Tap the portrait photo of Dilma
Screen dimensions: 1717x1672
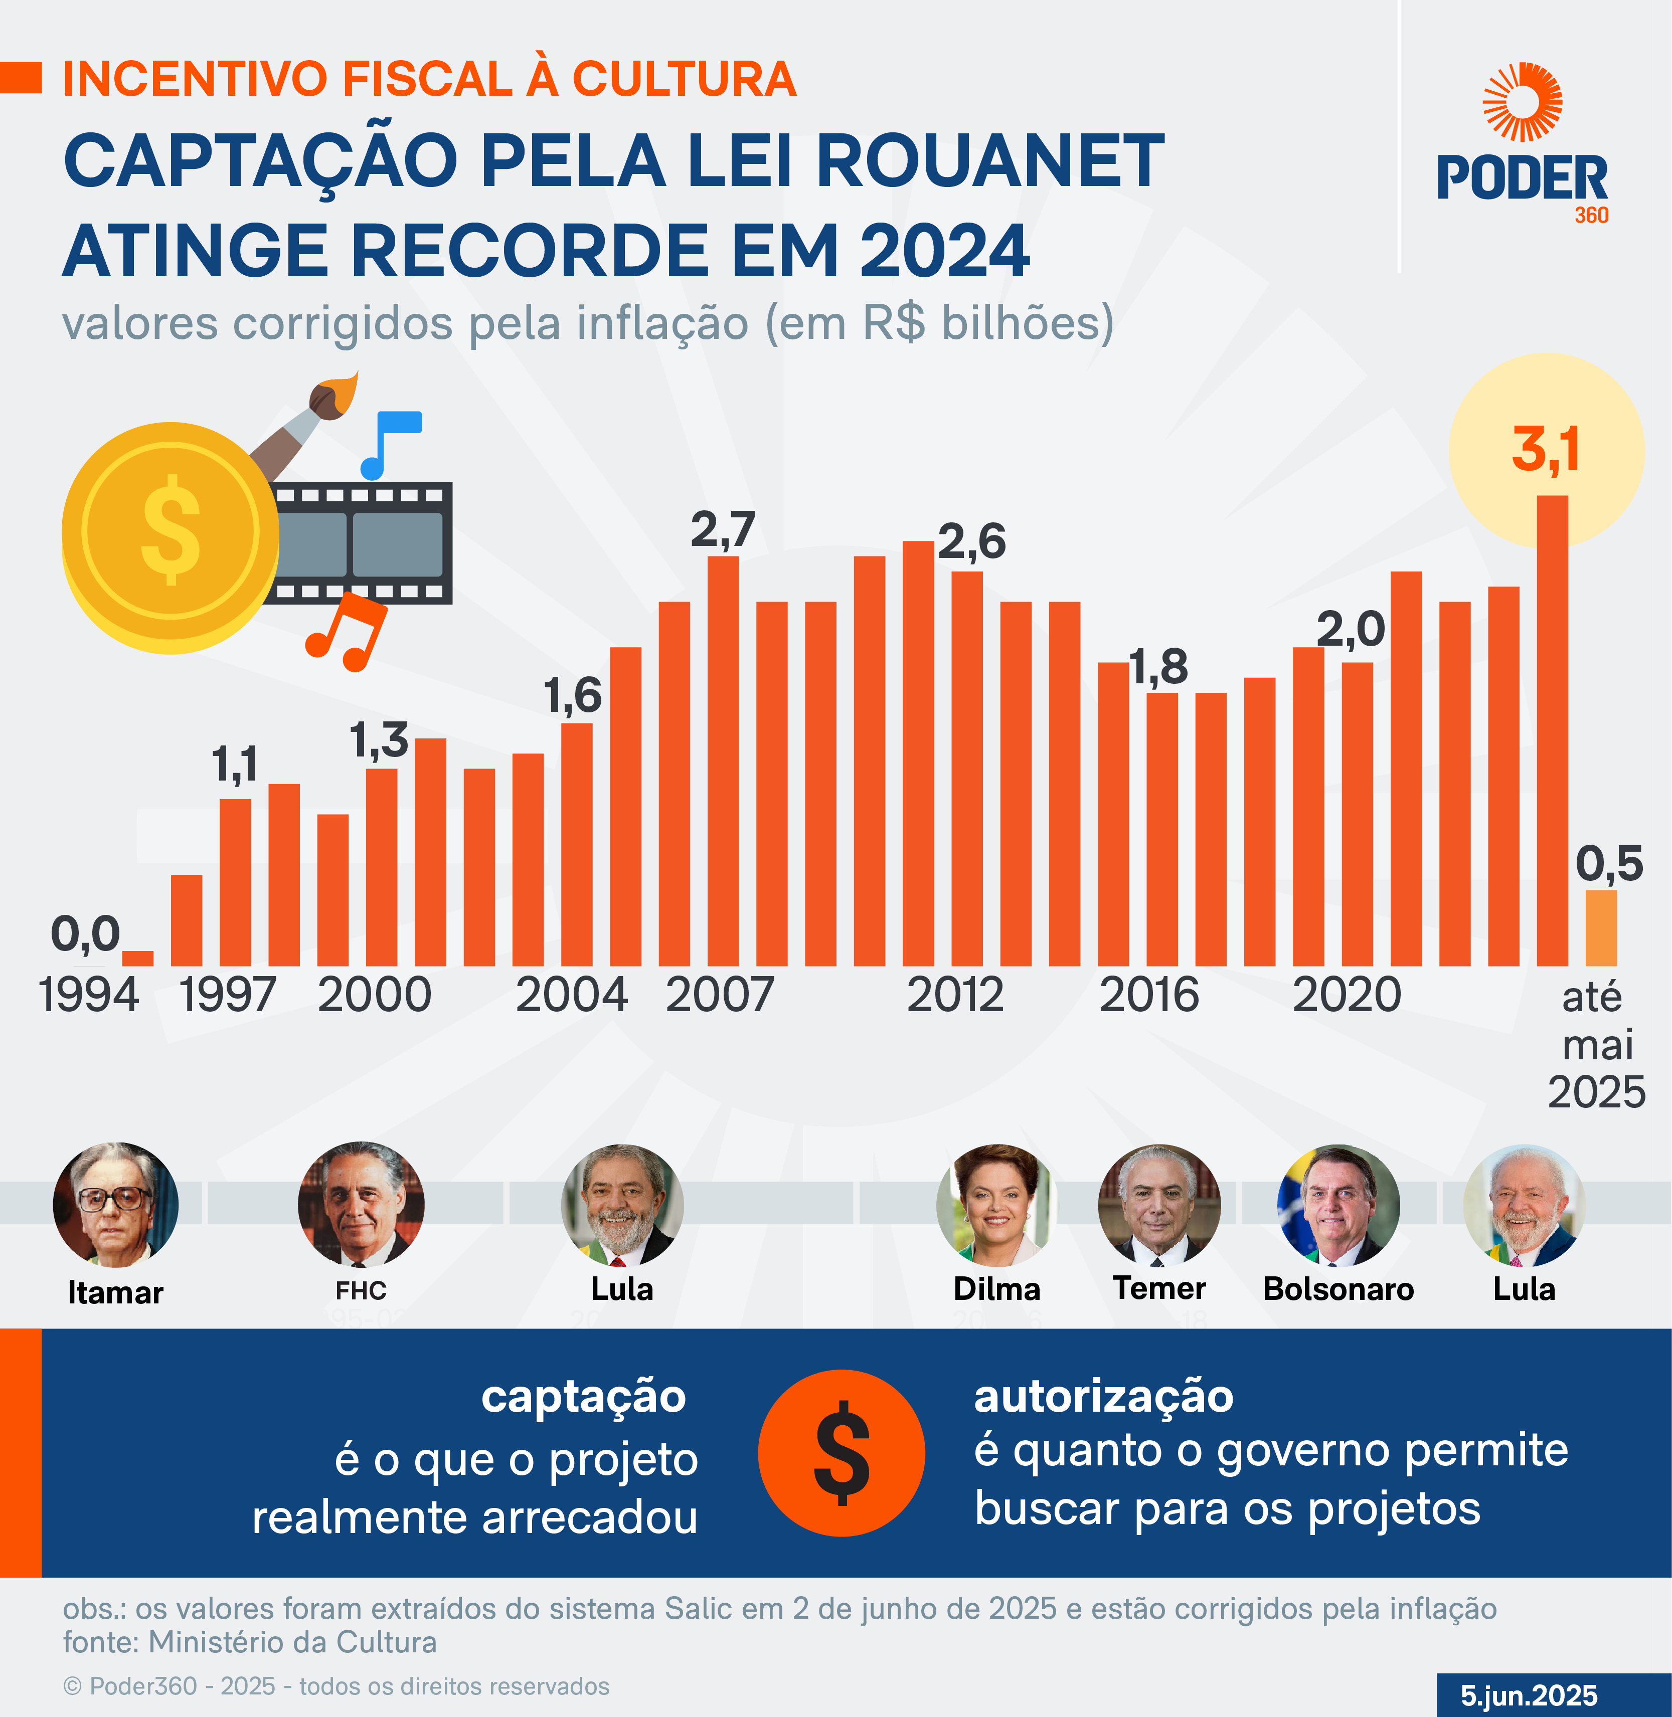[x=996, y=1204]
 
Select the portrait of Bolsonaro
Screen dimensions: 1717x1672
[x=1339, y=1204]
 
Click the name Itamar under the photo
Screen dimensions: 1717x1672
[x=115, y=1292]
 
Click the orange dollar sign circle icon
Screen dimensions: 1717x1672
[x=842, y=1453]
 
